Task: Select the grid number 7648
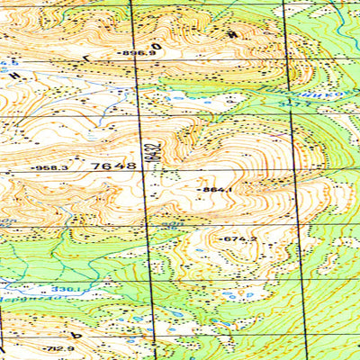click(x=113, y=166)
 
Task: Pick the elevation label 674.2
click(x=239, y=238)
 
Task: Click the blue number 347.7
click(x=287, y=105)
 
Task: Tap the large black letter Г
click(x=86, y=58)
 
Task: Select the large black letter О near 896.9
click(x=157, y=45)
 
